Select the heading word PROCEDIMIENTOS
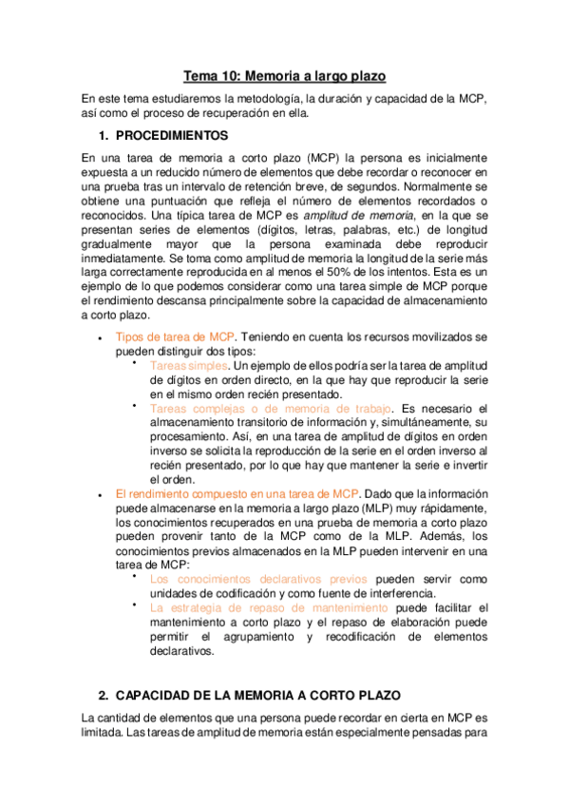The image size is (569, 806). (179, 135)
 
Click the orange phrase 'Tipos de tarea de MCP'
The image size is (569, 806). (174, 336)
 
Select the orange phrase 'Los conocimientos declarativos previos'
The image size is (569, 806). (261, 578)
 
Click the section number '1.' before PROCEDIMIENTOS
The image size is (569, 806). (104, 135)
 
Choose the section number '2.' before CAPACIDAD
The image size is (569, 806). (104, 696)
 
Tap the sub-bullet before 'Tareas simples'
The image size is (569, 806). (136, 363)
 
